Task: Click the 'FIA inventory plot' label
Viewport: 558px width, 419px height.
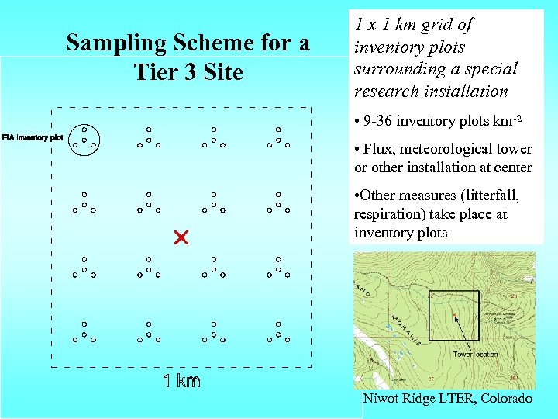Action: pyautogui.click(x=33, y=138)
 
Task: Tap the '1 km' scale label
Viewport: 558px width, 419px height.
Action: pyautogui.click(x=181, y=380)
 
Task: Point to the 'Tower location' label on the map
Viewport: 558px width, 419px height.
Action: pyautogui.click(x=474, y=354)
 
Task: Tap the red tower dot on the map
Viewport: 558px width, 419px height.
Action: pyautogui.click(x=455, y=314)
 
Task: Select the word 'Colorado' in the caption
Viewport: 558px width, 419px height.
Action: pyautogui.click(x=507, y=398)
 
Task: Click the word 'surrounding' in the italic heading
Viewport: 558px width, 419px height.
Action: pyautogui.click(x=395, y=69)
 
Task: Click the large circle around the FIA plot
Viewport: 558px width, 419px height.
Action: pyautogui.click(x=84, y=139)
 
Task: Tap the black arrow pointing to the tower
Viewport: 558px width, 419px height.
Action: pyautogui.click(x=465, y=330)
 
